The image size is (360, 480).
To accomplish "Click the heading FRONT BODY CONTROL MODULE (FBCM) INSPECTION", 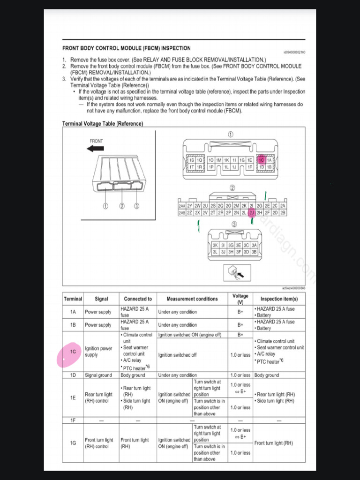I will pyautogui.click(x=127, y=48).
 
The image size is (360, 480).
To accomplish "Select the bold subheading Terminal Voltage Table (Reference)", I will pyautogui.click(x=103, y=124).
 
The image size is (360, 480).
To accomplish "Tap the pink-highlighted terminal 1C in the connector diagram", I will pyautogui.click(x=262, y=160).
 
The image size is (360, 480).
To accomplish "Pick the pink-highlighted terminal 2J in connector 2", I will pyautogui.click(x=251, y=213).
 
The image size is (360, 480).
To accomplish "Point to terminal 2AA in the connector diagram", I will pyautogui.click(x=182, y=206).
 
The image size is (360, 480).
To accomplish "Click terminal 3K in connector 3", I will pyautogui.click(x=215, y=245).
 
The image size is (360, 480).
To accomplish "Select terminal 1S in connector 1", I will pyautogui.click(x=191, y=160).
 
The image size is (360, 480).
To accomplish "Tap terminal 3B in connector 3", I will pyautogui.click(x=254, y=252).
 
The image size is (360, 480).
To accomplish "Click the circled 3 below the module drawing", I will pyautogui.click(x=137, y=206).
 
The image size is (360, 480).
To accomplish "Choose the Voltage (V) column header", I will pyautogui.click(x=240, y=299).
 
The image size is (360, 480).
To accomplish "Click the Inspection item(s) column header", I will pyautogui.click(x=278, y=299).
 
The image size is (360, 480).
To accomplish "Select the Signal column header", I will pyautogui.click(x=101, y=299).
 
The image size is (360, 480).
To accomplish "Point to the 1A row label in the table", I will pyautogui.click(x=73, y=312).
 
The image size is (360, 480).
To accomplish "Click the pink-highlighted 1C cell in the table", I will pyautogui.click(x=73, y=352).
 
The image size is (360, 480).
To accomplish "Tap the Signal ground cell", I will pyautogui.click(x=98, y=375).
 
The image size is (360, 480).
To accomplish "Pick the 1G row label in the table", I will pyautogui.click(x=73, y=443).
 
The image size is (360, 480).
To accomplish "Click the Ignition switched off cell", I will pyautogui.click(x=177, y=355).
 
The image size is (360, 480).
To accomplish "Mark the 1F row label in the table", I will pyautogui.click(x=73, y=420).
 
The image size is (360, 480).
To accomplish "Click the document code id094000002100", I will pyautogui.click(x=294, y=52).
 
